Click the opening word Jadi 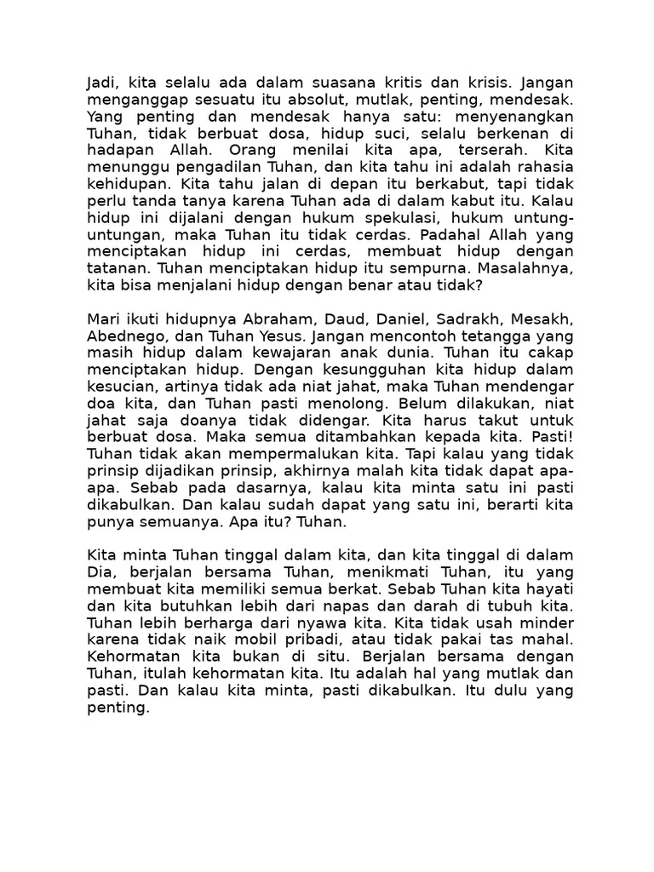pos(101,83)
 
